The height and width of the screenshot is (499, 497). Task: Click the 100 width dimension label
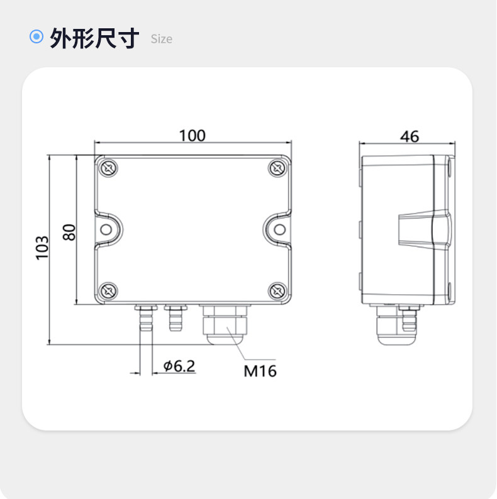(x=193, y=136)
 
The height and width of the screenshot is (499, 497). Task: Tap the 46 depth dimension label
(x=410, y=136)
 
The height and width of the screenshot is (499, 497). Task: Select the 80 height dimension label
(x=69, y=233)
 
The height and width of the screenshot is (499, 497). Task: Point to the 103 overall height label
(x=42, y=248)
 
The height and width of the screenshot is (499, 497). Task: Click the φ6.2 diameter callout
(x=179, y=366)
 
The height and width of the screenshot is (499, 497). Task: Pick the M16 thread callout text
(x=260, y=371)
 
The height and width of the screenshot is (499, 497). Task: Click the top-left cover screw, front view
(x=108, y=168)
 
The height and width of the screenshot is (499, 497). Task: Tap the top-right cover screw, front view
(x=277, y=168)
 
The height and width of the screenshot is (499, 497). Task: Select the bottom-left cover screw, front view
(x=108, y=291)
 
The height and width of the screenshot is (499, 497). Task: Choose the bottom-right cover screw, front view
(x=277, y=291)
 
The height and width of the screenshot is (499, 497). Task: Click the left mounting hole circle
(x=106, y=229)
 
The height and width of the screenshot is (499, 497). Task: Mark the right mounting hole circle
(x=280, y=229)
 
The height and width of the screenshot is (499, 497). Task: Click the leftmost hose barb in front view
(x=146, y=317)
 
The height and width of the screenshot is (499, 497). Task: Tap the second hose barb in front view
(x=176, y=317)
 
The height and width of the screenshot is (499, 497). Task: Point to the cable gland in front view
(x=225, y=325)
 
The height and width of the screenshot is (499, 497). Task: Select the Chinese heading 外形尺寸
(x=94, y=38)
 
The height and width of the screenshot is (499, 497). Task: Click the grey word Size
(x=162, y=39)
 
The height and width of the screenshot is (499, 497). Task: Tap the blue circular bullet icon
(x=36, y=36)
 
